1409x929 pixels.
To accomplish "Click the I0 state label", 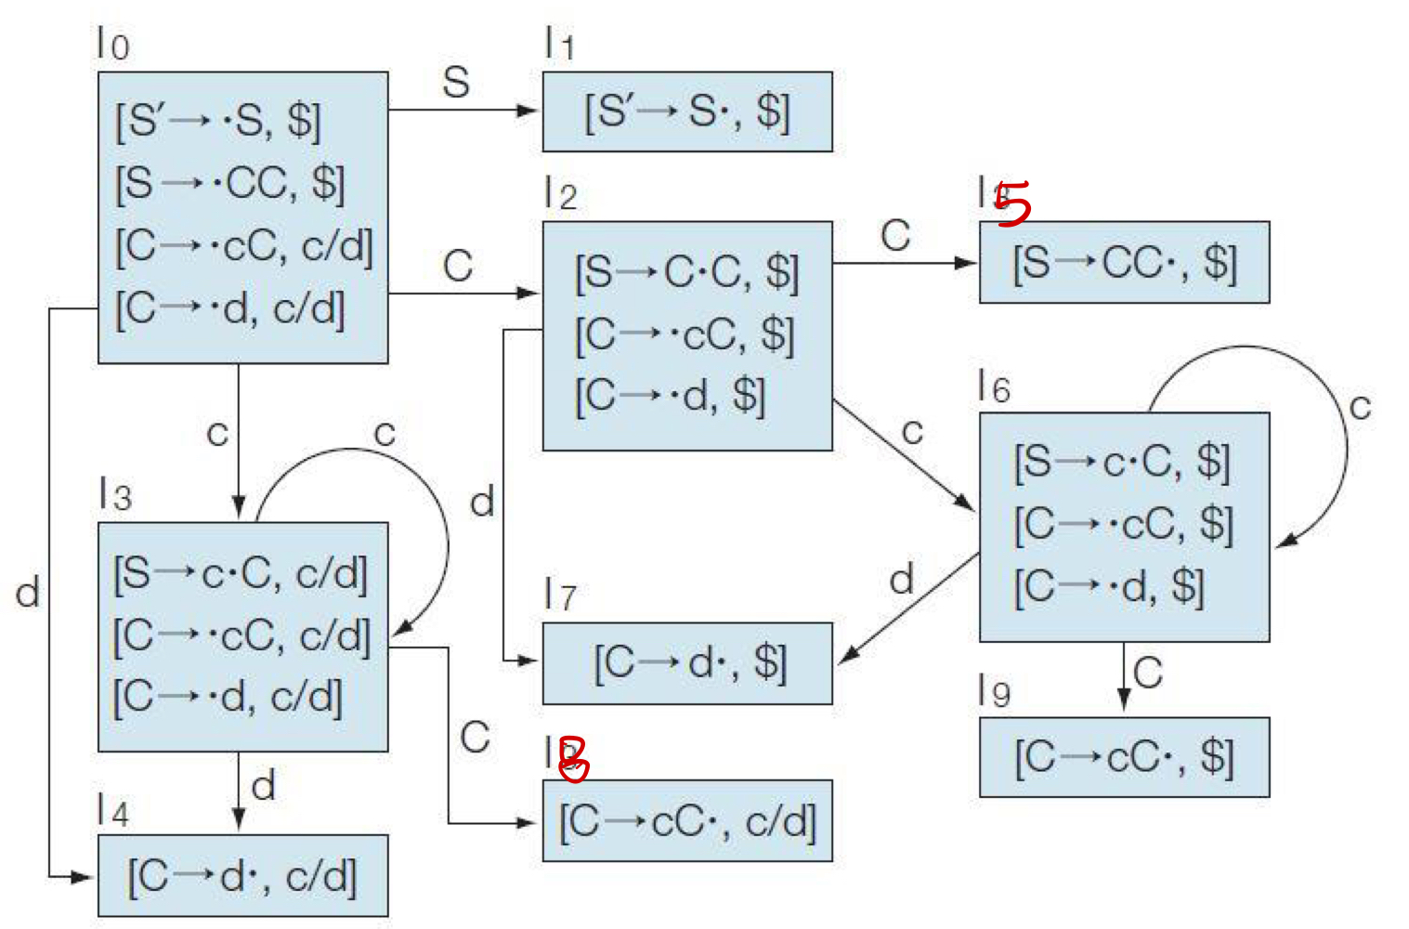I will point(113,44).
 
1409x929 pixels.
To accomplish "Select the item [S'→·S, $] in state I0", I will point(217,122).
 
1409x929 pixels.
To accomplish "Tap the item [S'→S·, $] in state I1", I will point(686,112).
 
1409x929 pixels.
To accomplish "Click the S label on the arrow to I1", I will point(456,83).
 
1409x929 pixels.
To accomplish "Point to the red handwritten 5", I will point(1013,203).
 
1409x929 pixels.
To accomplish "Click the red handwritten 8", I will point(573,758).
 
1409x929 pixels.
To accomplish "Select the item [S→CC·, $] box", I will point(1124,263).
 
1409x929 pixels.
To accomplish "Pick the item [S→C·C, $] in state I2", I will point(686,273).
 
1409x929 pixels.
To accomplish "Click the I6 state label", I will point(994,386).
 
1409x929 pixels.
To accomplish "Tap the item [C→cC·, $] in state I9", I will point(1124,757).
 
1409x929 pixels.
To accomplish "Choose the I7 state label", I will point(560,595).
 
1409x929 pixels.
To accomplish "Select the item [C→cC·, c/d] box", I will point(687,821).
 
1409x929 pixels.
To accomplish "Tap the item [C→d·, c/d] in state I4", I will point(241,876).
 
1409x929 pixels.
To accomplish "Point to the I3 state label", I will point(115,494).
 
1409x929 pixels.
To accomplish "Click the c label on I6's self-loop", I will point(1360,406).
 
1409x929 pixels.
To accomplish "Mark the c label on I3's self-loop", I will point(385,432).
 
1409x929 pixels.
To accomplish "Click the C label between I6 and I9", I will point(1148,673).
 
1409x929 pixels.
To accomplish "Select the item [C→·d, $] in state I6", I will point(1109,587).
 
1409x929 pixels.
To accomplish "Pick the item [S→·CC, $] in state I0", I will point(229,184).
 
